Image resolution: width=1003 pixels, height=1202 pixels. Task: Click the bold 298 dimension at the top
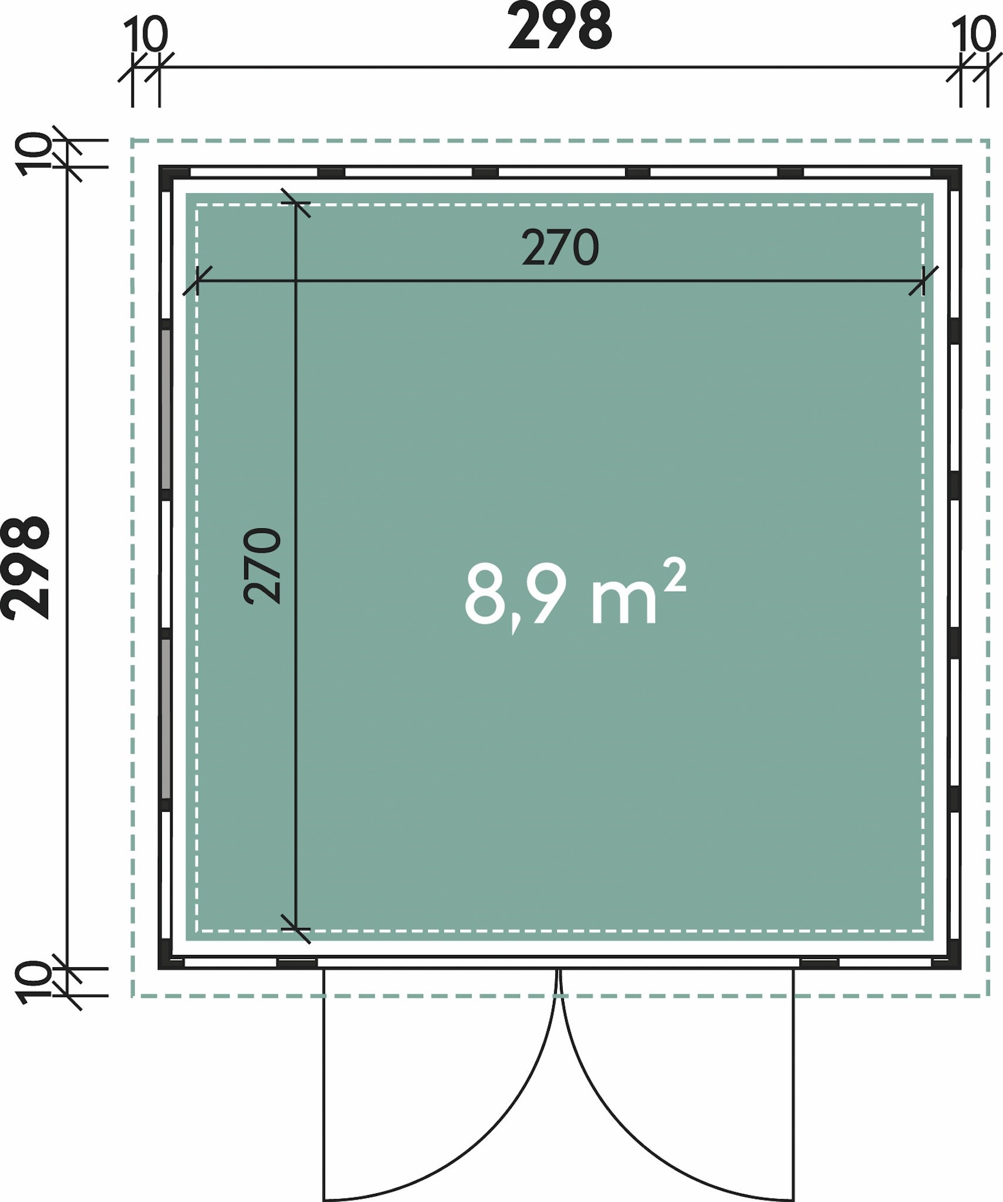560,26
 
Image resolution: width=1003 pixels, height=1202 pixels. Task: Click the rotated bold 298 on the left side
25,568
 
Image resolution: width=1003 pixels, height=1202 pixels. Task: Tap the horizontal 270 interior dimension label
560,248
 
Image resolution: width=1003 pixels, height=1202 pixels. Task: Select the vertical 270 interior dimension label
262,566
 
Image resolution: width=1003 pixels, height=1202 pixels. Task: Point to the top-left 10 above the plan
146,35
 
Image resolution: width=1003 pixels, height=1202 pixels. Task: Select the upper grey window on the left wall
166,409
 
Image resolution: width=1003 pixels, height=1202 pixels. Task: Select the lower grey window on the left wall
166,719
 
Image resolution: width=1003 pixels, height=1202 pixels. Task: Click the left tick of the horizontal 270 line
197,281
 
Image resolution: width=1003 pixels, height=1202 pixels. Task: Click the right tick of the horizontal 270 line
923,281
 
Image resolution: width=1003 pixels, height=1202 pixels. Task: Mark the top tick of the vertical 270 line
296,203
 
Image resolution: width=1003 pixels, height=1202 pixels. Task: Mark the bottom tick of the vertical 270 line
296,929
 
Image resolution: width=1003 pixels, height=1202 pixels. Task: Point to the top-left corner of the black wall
160,167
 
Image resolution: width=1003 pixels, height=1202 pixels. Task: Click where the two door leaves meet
560,970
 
